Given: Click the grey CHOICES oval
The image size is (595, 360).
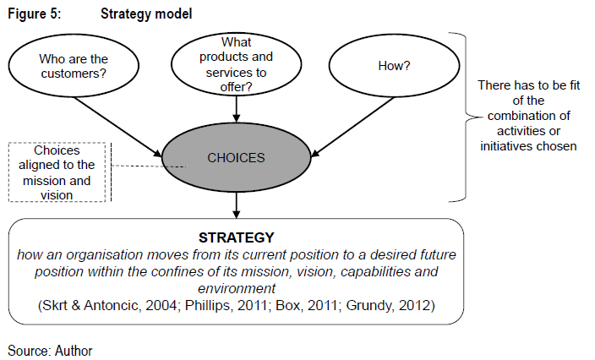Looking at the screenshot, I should (237, 157).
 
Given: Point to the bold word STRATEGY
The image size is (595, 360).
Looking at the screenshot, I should (237, 237).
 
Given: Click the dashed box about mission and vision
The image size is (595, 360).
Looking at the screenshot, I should (58, 172).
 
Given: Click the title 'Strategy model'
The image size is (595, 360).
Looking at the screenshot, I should (145, 14).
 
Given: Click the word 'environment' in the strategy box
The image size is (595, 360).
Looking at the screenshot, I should (237, 288).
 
